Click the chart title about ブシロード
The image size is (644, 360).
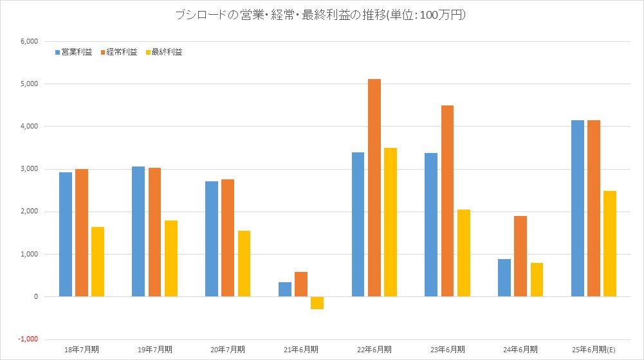pyautogui.click(x=321, y=15)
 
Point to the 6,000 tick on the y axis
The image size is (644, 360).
pyautogui.click(x=30, y=41)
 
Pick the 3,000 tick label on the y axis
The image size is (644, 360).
pyautogui.click(x=30, y=169)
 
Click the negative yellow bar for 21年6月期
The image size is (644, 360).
pyautogui.click(x=317, y=303)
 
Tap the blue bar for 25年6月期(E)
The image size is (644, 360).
pyautogui.click(x=577, y=208)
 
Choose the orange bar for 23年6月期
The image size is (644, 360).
pyautogui.click(x=447, y=201)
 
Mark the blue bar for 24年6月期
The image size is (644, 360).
pyautogui.click(x=504, y=278)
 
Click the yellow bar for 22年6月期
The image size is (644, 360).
pyautogui.click(x=390, y=222)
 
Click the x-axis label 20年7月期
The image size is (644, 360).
pyautogui.click(x=228, y=349)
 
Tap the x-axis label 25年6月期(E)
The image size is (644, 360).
pyautogui.click(x=594, y=349)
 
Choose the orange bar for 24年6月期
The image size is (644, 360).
pyautogui.click(x=520, y=256)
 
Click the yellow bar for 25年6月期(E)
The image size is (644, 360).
pyautogui.click(x=609, y=244)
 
